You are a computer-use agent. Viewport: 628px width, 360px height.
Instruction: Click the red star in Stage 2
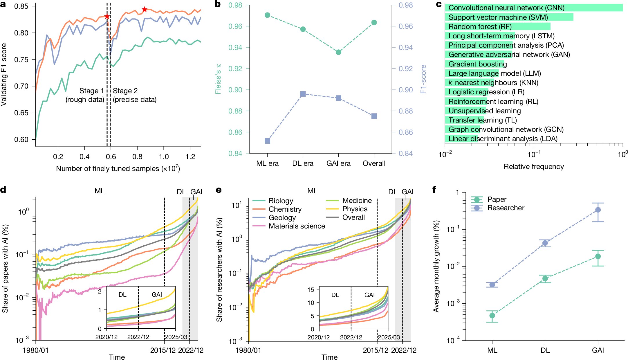[145, 10]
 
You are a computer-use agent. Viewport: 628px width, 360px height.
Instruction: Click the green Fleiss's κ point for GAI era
[338, 52]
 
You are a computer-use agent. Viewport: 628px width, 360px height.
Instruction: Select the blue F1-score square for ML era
[267, 141]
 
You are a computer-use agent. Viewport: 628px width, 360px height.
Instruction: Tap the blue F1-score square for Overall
[374, 116]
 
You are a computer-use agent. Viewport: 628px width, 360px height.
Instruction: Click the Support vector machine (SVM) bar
[509, 17]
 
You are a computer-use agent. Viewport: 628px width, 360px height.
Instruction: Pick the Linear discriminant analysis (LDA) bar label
[503, 139]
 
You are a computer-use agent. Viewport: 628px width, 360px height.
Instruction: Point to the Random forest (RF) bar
[498, 26]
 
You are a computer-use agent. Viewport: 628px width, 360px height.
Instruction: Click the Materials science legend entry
[289, 226]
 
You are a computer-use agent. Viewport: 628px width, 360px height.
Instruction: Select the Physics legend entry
[347, 209]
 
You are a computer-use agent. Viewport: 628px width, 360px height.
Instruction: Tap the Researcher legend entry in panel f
[498, 208]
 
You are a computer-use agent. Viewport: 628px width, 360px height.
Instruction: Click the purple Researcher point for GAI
[598, 210]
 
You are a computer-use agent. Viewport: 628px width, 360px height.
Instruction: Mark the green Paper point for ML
[492, 316]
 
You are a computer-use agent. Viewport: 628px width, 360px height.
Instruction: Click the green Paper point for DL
[545, 279]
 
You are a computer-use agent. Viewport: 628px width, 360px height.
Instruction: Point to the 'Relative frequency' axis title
[534, 167]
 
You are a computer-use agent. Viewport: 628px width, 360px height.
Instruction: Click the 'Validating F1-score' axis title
[4, 75]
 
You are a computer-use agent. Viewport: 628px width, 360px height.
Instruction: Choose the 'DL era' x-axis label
[303, 163]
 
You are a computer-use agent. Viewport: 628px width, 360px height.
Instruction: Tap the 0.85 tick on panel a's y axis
[21, 6]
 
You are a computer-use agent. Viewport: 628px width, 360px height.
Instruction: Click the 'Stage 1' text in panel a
[91, 91]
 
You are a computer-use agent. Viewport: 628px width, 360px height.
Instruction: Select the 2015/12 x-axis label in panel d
[163, 350]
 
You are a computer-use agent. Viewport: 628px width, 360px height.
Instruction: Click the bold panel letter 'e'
[219, 190]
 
